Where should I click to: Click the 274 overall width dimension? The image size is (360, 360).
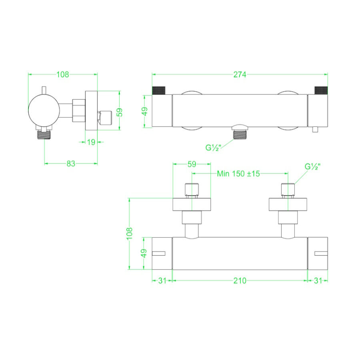pyautogui.click(x=240, y=74)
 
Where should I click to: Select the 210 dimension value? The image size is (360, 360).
pyautogui.click(x=240, y=281)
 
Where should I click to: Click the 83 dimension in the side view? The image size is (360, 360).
pyautogui.click(x=71, y=163)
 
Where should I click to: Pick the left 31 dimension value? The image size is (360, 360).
pyautogui.click(x=162, y=281)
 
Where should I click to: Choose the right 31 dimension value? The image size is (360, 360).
pyautogui.click(x=318, y=281)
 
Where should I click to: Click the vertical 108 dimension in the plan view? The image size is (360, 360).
pyautogui.click(x=129, y=233)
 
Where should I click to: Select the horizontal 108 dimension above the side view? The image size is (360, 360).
pyautogui.click(x=63, y=74)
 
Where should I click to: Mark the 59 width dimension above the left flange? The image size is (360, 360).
pyautogui.click(x=192, y=164)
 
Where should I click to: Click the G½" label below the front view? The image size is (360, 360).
pyautogui.click(x=214, y=147)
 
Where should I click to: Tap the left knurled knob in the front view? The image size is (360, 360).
pyautogui.click(x=159, y=90)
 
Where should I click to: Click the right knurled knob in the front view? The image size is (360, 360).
pyautogui.click(x=321, y=90)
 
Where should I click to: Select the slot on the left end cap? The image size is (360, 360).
pyautogui.click(x=160, y=253)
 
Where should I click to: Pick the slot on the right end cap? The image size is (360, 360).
pyautogui.click(x=320, y=253)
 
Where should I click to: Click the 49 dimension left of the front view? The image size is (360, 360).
pyautogui.click(x=145, y=111)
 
